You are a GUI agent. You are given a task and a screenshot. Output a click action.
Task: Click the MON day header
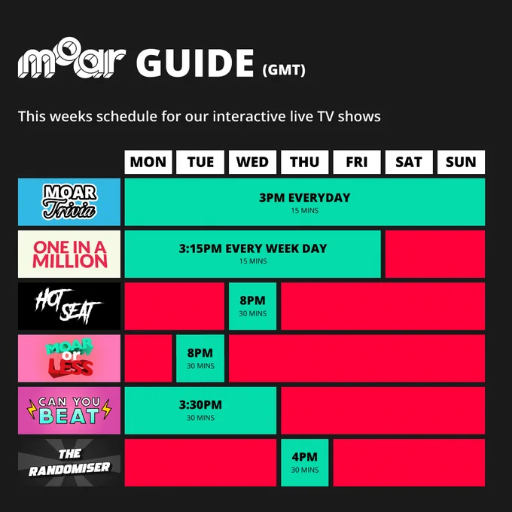pyautogui.click(x=148, y=162)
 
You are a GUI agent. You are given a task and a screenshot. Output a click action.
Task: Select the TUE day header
pyautogui.click(x=200, y=162)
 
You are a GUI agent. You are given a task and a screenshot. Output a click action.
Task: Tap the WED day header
pyautogui.click(x=252, y=162)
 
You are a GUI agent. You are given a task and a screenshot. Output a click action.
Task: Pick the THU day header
pyautogui.click(x=305, y=162)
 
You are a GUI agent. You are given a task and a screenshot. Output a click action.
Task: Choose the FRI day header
pyautogui.click(x=357, y=162)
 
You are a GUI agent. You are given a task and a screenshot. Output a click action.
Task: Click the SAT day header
pyautogui.click(x=409, y=162)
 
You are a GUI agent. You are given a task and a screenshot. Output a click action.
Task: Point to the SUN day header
pyautogui.click(x=461, y=162)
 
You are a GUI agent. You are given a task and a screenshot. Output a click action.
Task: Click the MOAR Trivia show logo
pyautogui.click(x=69, y=202)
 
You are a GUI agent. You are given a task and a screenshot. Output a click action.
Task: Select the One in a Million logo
pyautogui.click(x=69, y=254)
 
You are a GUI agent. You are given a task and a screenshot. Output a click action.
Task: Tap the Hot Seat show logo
pyautogui.click(x=69, y=306)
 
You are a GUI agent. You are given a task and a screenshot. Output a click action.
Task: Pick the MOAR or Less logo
pyautogui.click(x=69, y=358)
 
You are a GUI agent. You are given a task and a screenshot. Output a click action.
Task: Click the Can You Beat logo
pyautogui.click(x=69, y=410)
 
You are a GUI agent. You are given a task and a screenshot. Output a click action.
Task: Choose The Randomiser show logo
pyautogui.click(x=69, y=463)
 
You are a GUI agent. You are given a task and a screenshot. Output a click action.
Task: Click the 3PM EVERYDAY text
pyautogui.click(x=305, y=198)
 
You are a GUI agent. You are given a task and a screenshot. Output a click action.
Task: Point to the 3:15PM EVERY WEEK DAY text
pyautogui.click(x=253, y=248)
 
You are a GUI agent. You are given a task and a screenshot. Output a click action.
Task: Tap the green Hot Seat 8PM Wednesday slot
pyautogui.click(x=252, y=306)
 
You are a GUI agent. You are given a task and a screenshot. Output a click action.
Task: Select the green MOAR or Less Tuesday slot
pyautogui.click(x=200, y=358)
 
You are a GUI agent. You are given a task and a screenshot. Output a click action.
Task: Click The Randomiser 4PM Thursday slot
pyautogui.click(x=305, y=463)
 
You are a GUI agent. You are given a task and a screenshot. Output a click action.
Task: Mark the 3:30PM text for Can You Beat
pyautogui.click(x=200, y=405)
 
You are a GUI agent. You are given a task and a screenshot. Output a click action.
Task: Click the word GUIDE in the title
pyautogui.click(x=195, y=63)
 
